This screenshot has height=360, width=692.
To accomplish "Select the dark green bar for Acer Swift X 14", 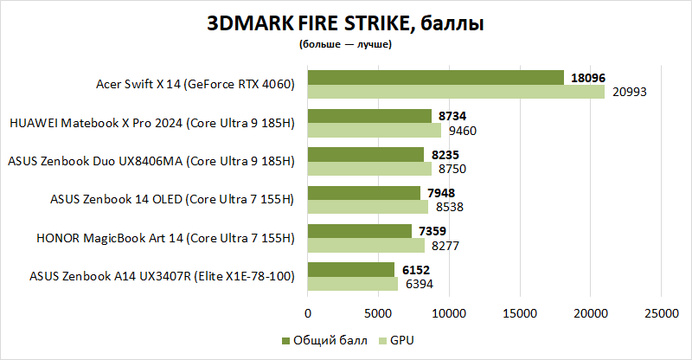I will pos(435,78).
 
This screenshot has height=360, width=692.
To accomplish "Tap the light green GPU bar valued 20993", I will pos(456,92).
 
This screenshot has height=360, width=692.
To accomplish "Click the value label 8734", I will pos(454,115).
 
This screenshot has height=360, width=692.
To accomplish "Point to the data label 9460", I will pos(463,131).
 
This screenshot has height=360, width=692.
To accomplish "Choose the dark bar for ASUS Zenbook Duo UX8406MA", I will pos(366,154).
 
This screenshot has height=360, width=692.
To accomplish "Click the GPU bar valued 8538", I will pos(368,207).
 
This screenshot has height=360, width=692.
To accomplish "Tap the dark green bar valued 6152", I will pos(351,269).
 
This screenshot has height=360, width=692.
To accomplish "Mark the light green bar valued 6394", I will pos(353,284).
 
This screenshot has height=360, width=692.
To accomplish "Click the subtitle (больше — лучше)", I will pos(345,43).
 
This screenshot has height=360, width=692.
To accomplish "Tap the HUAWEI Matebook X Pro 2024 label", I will pos(151,123).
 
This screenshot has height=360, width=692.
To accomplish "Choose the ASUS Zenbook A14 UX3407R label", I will pos(163,276).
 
